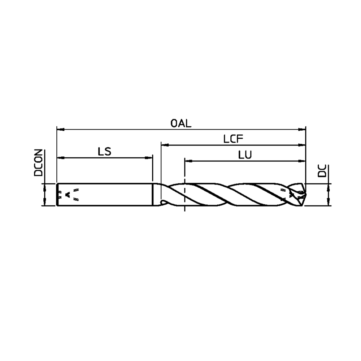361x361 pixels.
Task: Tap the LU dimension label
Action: click(245, 155)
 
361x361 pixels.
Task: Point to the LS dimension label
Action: click(104, 152)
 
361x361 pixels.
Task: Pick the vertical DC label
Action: click(322, 171)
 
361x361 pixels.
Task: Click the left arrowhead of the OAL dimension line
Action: click(60, 129)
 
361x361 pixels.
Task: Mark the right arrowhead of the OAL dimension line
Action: click(303, 129)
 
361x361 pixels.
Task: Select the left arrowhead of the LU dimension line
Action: click(187, 161)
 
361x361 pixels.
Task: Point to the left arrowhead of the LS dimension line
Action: click(60, 158)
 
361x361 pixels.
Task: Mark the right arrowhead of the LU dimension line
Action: click(303, 161)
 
